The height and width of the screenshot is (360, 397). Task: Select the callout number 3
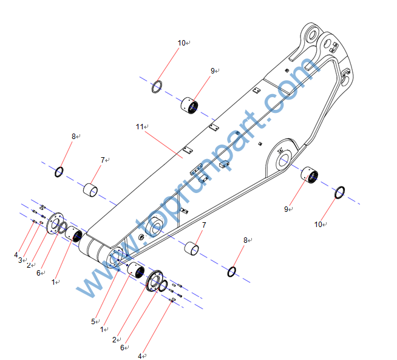(x=20, y=260)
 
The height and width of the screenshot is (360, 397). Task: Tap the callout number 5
(x=93, y=321)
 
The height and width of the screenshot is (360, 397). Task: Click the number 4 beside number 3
(x=16, y=254)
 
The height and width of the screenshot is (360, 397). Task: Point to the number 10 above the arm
(x=182, y=42)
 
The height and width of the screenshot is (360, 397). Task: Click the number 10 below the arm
(x=318, y=224)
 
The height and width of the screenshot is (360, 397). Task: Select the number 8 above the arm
(x=74, y=137)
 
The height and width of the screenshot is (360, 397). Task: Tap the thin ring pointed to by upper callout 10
(x=157, y=86)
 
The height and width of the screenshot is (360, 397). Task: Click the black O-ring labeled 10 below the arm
(x=341, y=193)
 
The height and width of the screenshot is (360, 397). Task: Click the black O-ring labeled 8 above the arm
(x=59, y=172)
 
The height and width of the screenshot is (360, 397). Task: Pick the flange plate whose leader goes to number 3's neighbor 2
(x=55, y=222)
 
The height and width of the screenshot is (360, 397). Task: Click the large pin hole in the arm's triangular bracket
(x=283, y=161)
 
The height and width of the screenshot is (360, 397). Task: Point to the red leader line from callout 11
(x=164, y=142)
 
